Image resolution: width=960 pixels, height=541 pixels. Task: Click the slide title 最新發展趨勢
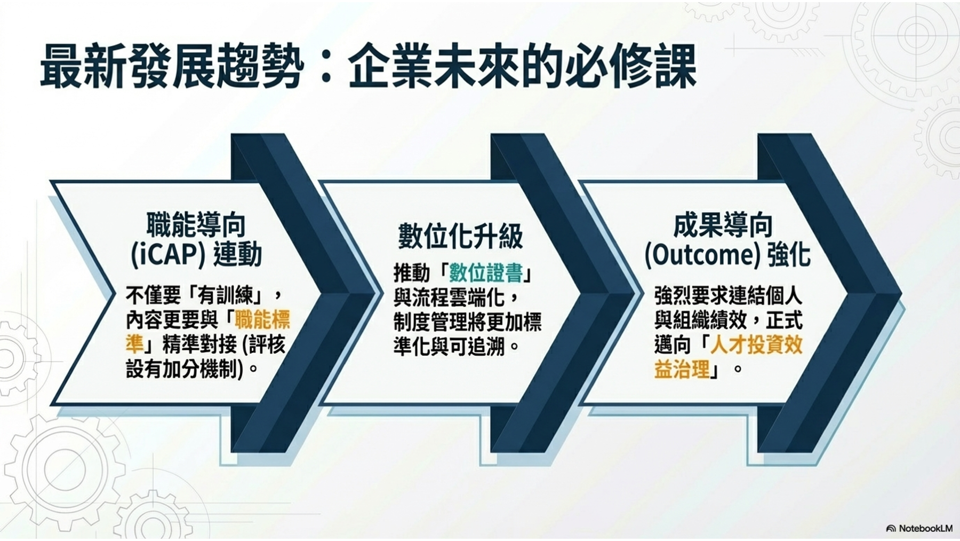(172, 66)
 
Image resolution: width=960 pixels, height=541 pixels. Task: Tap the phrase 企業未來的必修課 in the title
(522, 66)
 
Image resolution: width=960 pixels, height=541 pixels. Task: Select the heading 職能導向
(196, 225)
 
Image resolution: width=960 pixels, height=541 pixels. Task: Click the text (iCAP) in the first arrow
(168, 254)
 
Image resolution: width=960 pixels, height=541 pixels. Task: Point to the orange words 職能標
(262, 320)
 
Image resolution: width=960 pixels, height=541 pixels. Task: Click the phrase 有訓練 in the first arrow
(225, 295)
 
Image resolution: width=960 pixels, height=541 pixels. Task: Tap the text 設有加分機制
(181, 369)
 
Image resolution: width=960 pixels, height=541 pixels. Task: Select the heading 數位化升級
(460, 236)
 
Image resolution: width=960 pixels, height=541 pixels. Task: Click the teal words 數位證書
(485, 273)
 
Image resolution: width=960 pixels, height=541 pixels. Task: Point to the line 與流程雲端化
(449, 297)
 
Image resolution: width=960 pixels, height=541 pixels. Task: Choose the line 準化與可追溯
(449, 347)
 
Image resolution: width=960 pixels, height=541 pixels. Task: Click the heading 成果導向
(723, 225)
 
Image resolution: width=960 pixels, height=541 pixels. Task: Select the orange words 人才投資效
(756, 344)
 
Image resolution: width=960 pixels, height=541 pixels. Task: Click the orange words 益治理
(682, 369)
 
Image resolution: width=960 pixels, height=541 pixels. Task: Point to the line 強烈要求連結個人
(728, 295)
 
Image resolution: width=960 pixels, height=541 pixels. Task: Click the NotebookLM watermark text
(925, 528)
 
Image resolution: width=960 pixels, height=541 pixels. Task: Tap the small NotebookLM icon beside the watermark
(891, 529)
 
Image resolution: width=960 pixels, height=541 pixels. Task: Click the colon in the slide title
(327, 68)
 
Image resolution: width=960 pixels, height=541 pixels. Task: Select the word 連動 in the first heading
(237, 254)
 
